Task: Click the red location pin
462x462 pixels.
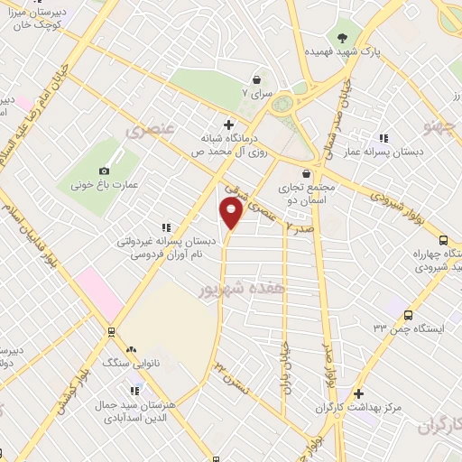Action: (231, 213)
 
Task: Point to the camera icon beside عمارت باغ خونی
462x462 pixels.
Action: (104, 171)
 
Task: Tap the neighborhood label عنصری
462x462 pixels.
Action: (147, 132)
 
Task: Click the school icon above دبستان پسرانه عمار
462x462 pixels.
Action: (384, 138)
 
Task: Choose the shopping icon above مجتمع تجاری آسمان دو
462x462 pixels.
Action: (308, 173)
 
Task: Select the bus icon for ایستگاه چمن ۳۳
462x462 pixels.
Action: (410, 315)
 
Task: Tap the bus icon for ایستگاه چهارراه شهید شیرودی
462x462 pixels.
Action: (442, 240)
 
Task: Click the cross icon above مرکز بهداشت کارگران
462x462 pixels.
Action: (359, 393)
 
